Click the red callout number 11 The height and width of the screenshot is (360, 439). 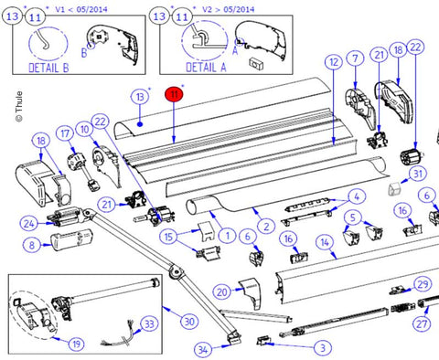coord(174,94)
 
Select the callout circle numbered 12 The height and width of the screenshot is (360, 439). coord(334,62)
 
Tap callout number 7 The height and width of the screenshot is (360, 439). coord(355,58)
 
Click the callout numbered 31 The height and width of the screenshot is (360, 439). coord(418,174)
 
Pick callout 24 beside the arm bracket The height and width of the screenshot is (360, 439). coord(29,224)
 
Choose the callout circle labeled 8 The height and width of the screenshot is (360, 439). coord(32,245)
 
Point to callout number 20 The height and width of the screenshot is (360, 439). coord(222,292)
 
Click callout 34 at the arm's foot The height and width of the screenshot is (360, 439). coord(203,349)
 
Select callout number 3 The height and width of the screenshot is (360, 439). coord(323,347)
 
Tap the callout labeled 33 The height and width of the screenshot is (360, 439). coord(149,323)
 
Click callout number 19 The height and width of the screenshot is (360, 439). coord(76,344)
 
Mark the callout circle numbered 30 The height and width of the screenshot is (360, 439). coord(189,322)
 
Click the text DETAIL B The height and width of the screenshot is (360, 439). coord(48,68)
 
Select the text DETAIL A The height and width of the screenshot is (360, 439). coord(206,67)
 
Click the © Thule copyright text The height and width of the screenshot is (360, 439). coord(19,107)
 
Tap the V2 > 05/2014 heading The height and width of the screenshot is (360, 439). coord(229,9)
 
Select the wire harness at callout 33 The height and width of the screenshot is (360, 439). coord(120,336)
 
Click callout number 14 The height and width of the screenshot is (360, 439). coord(325,243)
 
